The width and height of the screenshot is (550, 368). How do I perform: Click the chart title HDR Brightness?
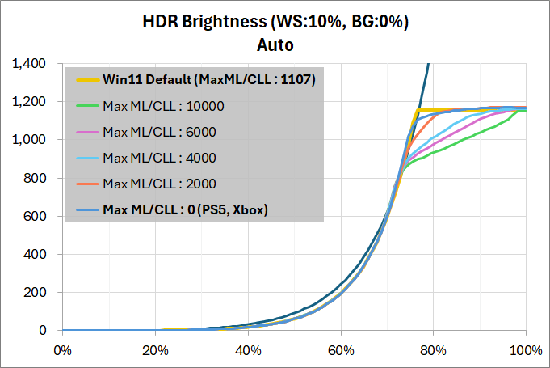pos(275,22)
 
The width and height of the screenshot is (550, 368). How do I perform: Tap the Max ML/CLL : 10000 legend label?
pos(163,105)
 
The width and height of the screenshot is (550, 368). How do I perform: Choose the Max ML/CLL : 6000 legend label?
pos(160,131)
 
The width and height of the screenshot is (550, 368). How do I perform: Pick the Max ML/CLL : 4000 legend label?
pos(160,158)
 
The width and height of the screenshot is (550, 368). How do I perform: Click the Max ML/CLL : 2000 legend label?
pos(160,184)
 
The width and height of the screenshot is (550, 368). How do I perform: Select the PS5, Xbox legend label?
pos(186,210)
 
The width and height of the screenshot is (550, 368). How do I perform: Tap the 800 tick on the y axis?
pos(34,178)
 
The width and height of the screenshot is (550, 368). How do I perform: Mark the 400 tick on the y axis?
pos(34,254)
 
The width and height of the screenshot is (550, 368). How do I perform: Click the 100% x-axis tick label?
pos(526,350)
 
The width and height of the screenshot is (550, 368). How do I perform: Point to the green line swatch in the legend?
pos(84,105)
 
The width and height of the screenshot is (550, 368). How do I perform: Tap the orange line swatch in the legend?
pos(84,184)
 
